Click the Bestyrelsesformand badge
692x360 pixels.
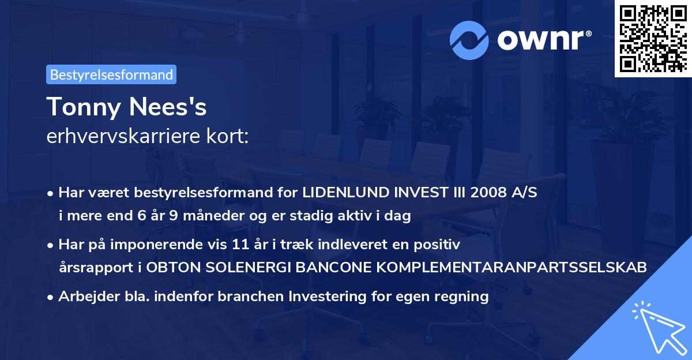pos(111,74)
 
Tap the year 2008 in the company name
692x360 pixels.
pos(483,192)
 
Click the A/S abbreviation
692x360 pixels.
pos(524,192)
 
